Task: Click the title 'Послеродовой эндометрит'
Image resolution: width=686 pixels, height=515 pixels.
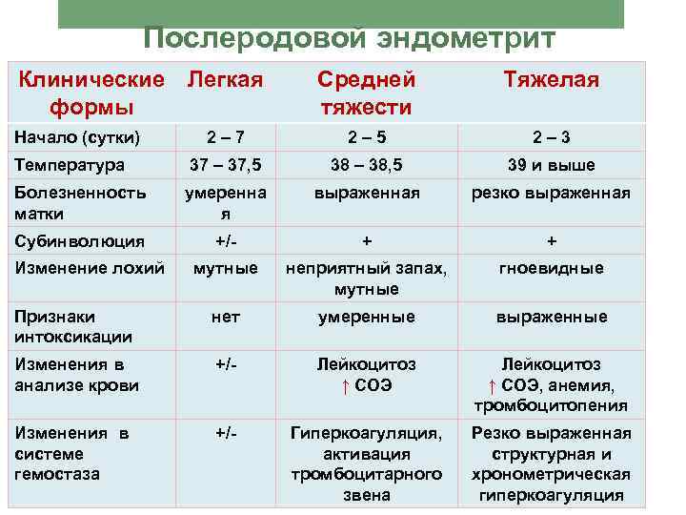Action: pos(349,39)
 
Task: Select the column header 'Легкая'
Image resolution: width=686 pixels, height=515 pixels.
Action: pos(225,79)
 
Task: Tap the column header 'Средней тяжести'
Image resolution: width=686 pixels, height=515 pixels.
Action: pos(366,92)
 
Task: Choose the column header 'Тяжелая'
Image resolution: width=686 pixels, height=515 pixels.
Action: pos(552,79)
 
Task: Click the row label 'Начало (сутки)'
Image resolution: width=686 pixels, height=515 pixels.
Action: pos(77,138)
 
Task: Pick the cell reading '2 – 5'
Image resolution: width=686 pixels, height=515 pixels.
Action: pos(367,138)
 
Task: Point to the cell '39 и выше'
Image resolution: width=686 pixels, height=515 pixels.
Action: pos(552,165)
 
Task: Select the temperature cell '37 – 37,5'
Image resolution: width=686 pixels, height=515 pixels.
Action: pos(226,165)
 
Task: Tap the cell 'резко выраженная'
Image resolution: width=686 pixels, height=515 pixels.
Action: pos(552,193)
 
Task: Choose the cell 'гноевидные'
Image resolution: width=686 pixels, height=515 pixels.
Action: pos(552,268)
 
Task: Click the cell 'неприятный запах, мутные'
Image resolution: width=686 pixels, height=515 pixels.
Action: pos(367,278)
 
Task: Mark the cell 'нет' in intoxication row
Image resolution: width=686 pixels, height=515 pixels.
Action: pos(226,317)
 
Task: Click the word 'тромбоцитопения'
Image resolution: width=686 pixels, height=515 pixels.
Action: pos(552,405)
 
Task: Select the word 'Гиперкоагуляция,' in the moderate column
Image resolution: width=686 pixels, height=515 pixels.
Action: pos(367,433)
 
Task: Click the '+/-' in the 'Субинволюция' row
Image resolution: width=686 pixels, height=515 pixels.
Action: pos(226,241)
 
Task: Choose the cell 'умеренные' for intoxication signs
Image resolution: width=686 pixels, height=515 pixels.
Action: pos(367,317)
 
